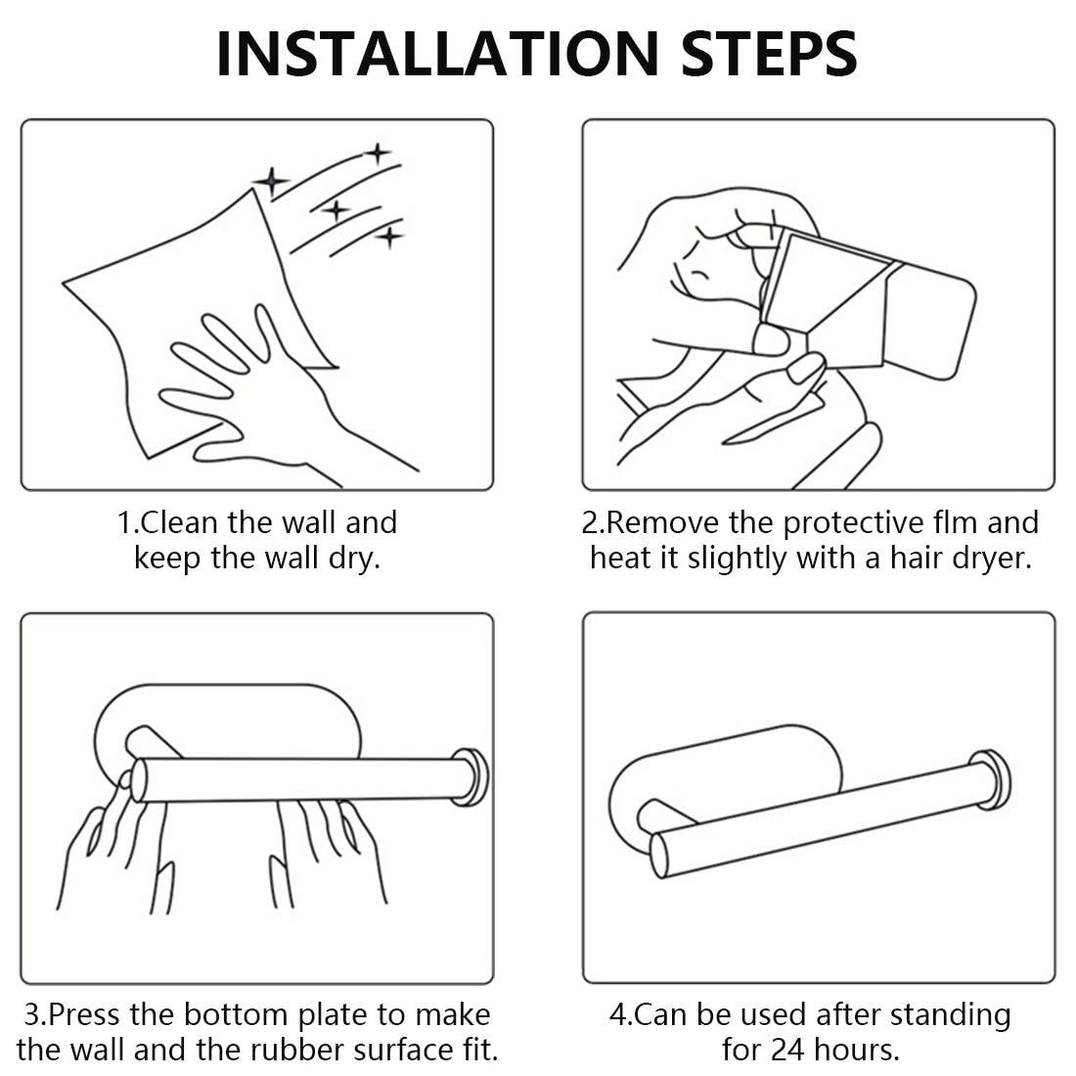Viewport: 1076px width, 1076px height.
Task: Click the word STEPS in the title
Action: point(769,54)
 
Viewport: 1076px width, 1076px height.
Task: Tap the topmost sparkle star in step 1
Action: point(377,153)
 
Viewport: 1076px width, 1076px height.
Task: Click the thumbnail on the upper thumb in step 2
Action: point(770,339)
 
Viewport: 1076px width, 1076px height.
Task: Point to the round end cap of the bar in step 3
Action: point(471,778)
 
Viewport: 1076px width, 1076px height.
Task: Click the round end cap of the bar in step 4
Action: point(991,780)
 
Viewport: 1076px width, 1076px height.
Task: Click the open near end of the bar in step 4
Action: point(658,855)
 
